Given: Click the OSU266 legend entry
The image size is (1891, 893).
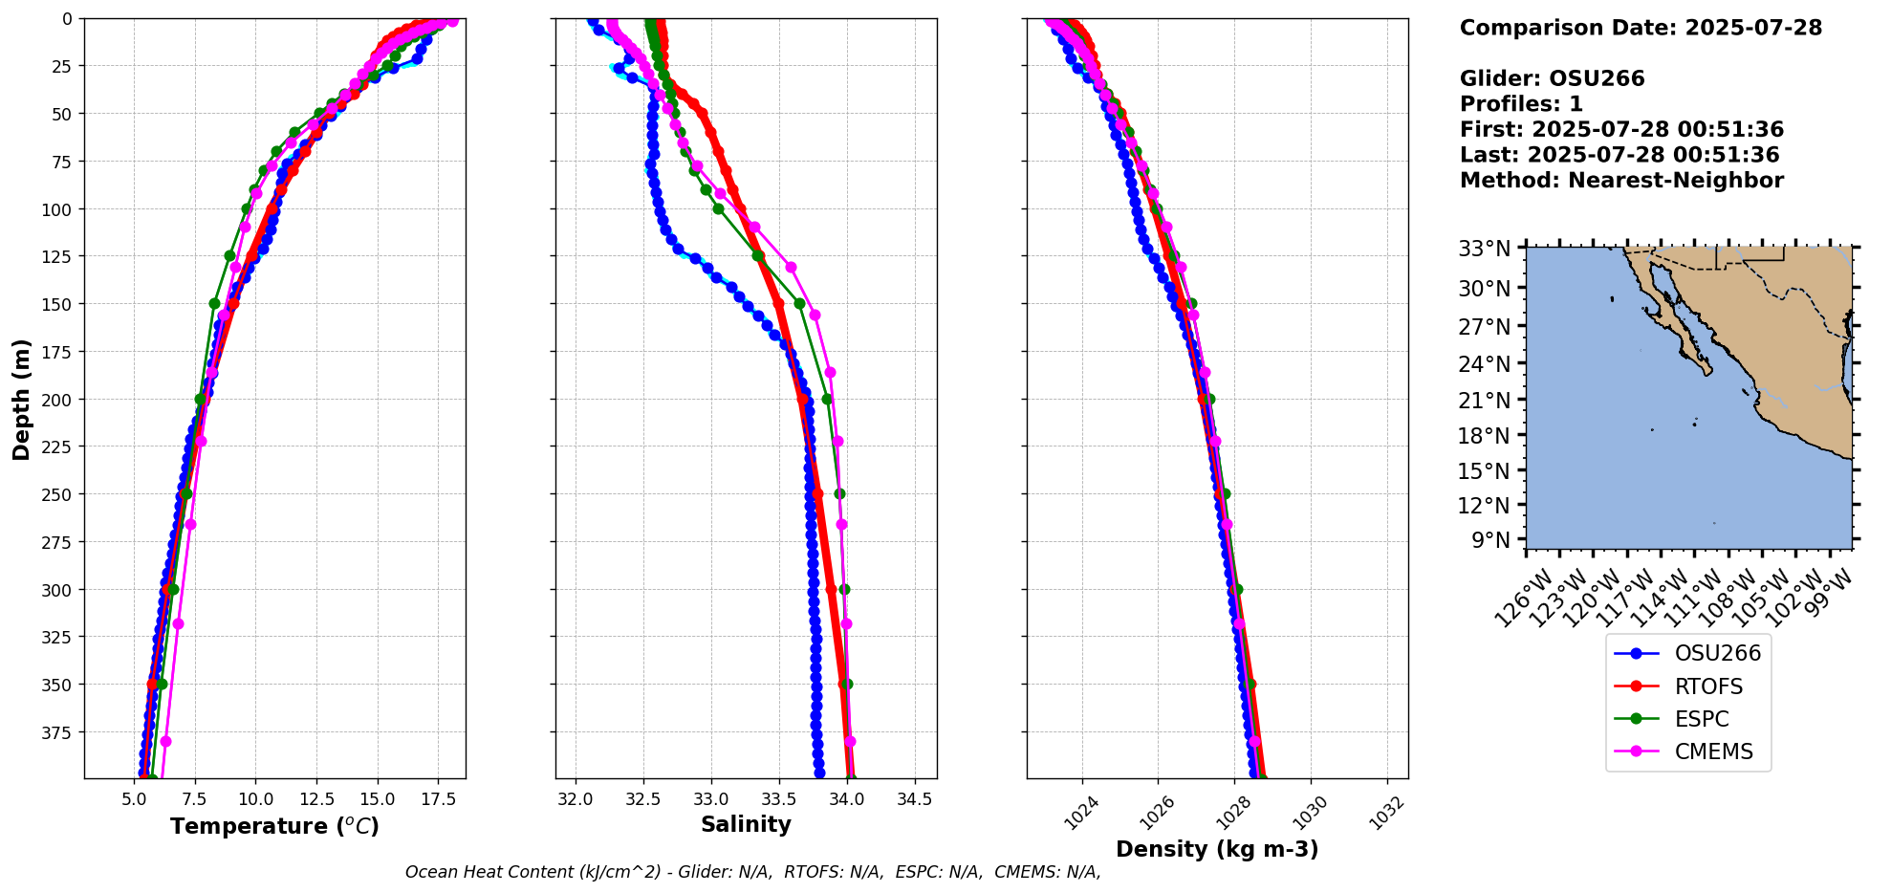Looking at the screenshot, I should [x=1716, y=654].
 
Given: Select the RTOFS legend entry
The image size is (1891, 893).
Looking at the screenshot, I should [x=1707, y=686].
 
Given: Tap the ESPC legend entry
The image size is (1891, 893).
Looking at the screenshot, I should [x=1701, y=719].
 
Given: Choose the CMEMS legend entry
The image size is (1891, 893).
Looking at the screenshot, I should [x=1713, y=751].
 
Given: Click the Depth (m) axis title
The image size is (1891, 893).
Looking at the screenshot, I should [x=21, y=399].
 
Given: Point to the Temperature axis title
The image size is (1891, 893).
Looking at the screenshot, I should [x=274, y=826].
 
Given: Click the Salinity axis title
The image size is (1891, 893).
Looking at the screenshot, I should [x=746, y=825].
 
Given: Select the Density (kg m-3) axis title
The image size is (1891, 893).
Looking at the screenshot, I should [x=1217, y=849].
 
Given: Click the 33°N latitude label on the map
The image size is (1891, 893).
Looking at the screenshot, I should [x=1489, y=250].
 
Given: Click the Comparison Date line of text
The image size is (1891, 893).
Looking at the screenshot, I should [x=1641, y=28].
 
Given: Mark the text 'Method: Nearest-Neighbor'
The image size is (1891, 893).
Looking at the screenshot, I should [x=1621, y=181].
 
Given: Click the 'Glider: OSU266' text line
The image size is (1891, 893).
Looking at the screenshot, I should [x=1553, y=78].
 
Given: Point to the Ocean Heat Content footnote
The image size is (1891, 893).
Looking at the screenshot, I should [x=752, y=872].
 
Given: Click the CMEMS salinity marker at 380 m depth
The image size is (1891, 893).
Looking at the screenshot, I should [x=850, y=742].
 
